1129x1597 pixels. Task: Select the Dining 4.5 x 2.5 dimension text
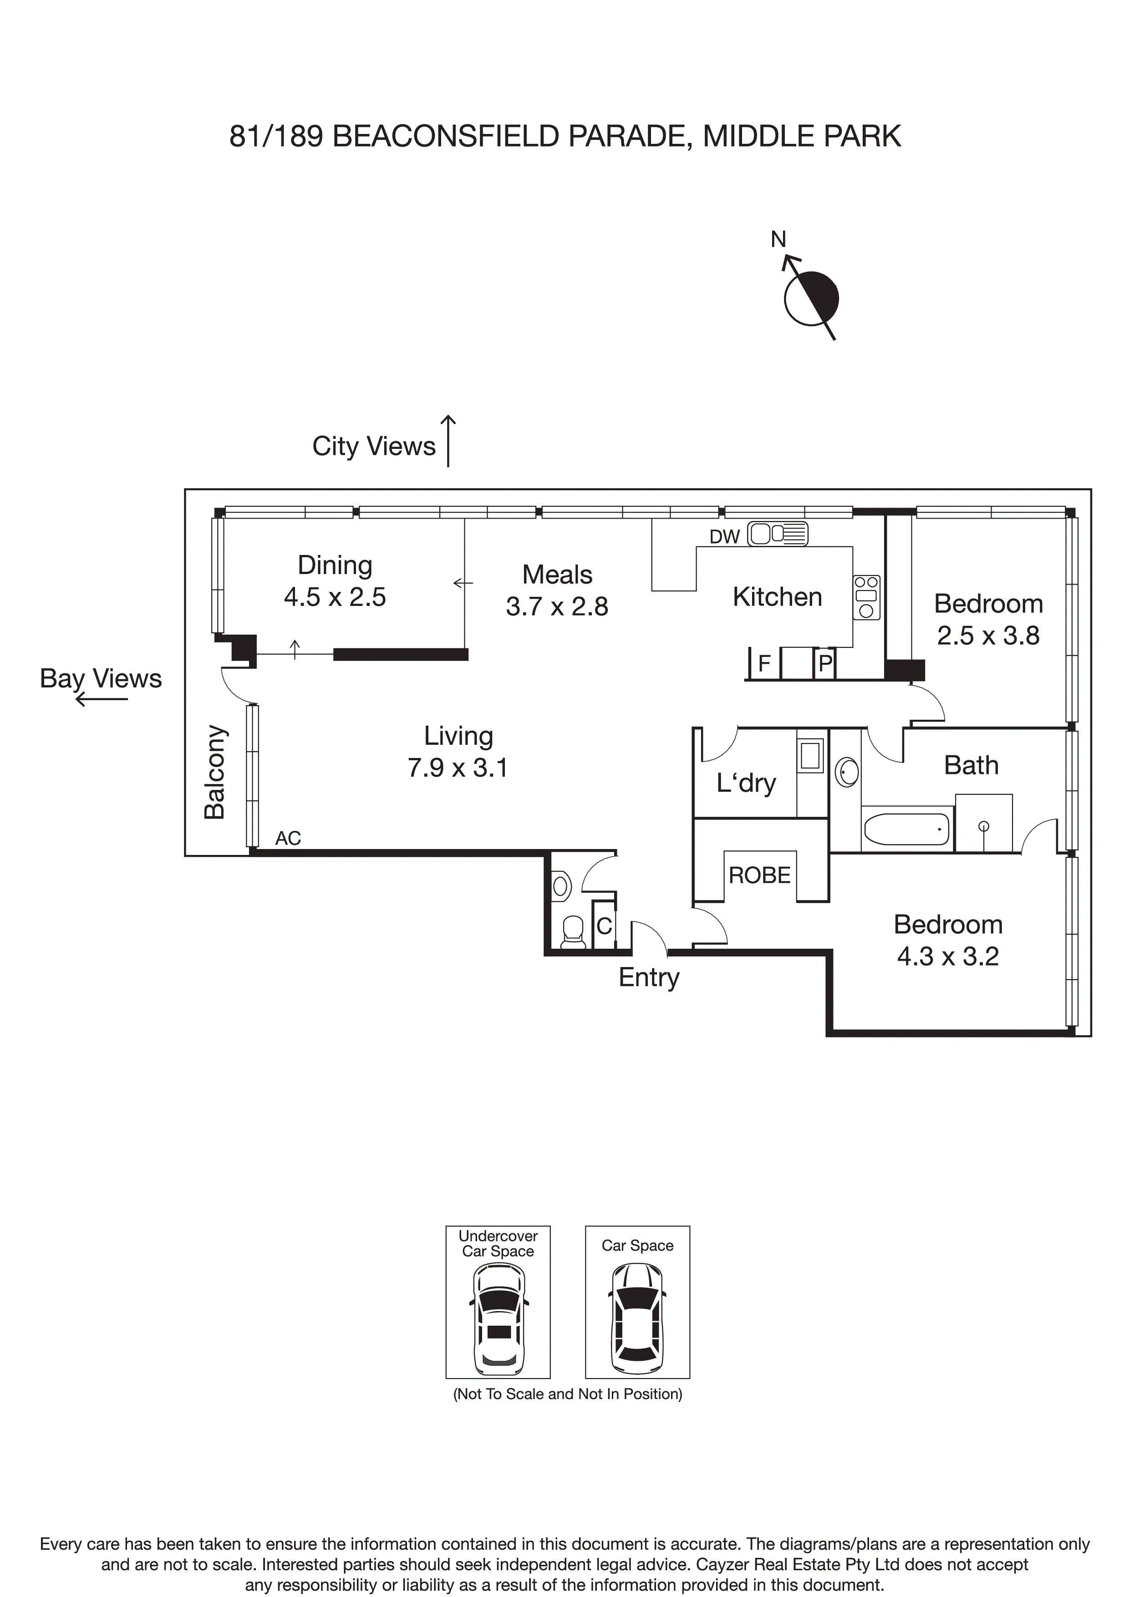[335, 597]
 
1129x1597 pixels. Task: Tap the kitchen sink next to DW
[777, 534]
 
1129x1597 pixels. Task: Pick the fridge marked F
[764, 664]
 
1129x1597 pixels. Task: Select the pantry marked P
[825, 664]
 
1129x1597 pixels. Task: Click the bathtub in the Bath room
[906, 829]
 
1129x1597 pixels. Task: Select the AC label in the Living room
[288, 838]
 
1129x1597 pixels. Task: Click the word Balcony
[214, 772]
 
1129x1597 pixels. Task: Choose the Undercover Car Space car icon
[498, 1319]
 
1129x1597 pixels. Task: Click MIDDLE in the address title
[758, 136]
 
